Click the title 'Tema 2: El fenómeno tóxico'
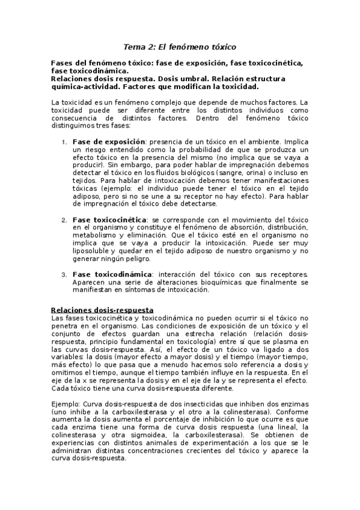pos(180,46)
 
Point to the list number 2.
pos(65,220)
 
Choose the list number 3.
pos(65,275)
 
